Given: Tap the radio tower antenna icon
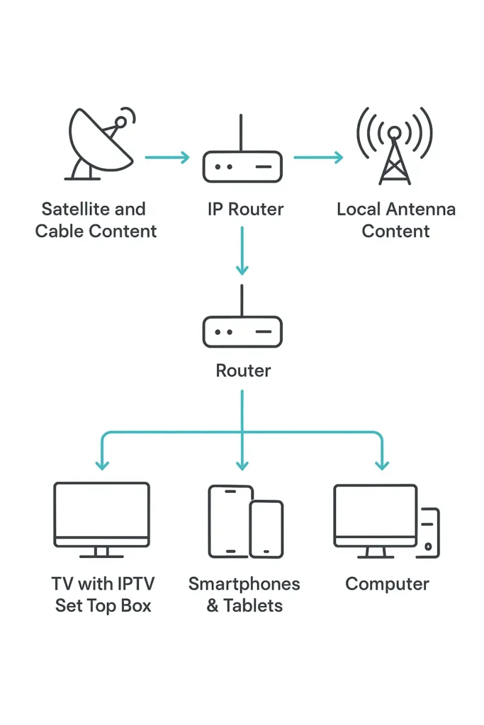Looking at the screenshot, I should pos(395,146).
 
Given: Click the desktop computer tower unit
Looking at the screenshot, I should pos(428,532).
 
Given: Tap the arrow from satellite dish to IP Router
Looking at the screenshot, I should pos(167,157).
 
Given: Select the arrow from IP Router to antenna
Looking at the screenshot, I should pos(317,157).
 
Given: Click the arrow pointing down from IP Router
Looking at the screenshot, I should pos(242,251).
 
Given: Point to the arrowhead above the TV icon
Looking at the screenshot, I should pos(102,464).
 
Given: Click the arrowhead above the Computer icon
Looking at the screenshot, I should pos(382,464).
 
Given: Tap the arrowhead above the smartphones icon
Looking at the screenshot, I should pos(242,464).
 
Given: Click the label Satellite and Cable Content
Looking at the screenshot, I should pos(96,220).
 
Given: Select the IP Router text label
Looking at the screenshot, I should pos(245,210).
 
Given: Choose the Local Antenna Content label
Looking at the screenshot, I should pos(395,220).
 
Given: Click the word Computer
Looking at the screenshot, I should pos(387,584).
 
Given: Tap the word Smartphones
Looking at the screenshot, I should pos(244,584).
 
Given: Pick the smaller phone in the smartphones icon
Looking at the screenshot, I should pos(266,529).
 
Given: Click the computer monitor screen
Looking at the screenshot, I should pos(375,511).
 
